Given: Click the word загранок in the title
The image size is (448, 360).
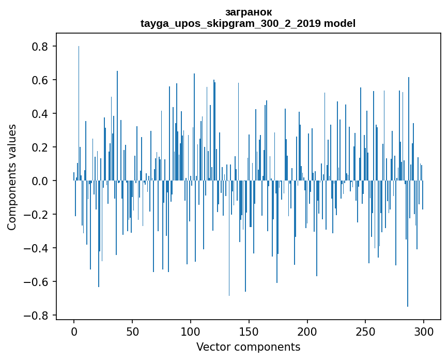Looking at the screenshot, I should tap(249, 12).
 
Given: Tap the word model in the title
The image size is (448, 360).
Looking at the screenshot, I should tap(339, 23).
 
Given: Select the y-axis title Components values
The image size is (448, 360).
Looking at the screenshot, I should tap(12, 177).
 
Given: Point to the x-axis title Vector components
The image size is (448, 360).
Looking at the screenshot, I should tap(248, 347).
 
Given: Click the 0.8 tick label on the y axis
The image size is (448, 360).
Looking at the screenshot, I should tap(40, 47).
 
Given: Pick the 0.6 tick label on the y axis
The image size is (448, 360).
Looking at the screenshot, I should tap(40, 80).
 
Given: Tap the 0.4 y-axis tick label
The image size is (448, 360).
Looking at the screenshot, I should tap(40, 114).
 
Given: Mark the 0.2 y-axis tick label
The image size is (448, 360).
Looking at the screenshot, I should tap(40, 147).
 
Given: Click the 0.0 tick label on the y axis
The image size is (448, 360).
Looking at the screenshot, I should tap(40, 181).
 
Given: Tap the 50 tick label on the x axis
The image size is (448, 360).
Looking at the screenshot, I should tap(132, 331).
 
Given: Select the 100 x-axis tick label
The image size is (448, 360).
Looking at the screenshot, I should tap(191, 331).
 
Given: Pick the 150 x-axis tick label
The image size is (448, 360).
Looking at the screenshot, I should tap(249, 331).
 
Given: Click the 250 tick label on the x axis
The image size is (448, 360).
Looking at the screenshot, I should tap(366, 331).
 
